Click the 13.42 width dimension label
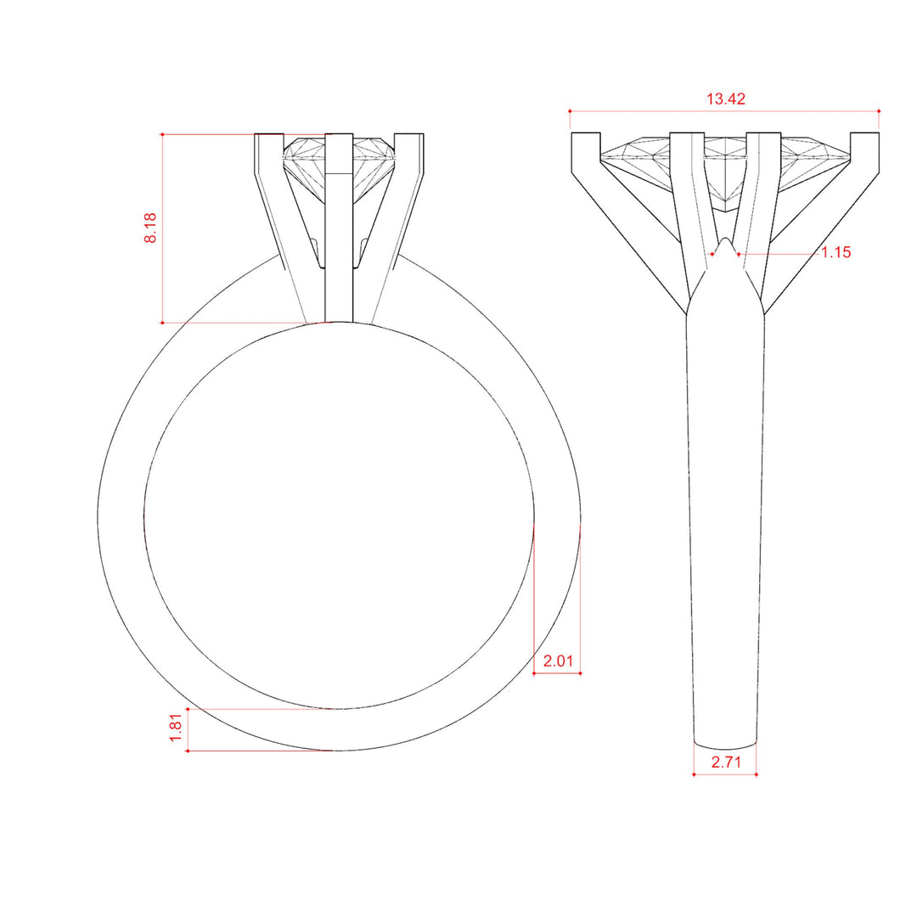coord(725,98)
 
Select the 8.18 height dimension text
coord(150,228)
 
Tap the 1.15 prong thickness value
coord(835,252)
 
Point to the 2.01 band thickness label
coord(558,661)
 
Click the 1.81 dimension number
coord(176,729)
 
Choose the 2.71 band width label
coord(726,762)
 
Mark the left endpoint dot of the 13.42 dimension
coord(570,110)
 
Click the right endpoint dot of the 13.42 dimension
coord(879,110)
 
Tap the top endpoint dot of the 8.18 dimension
coord(162,134)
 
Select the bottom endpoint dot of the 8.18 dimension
coord(162,323)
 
